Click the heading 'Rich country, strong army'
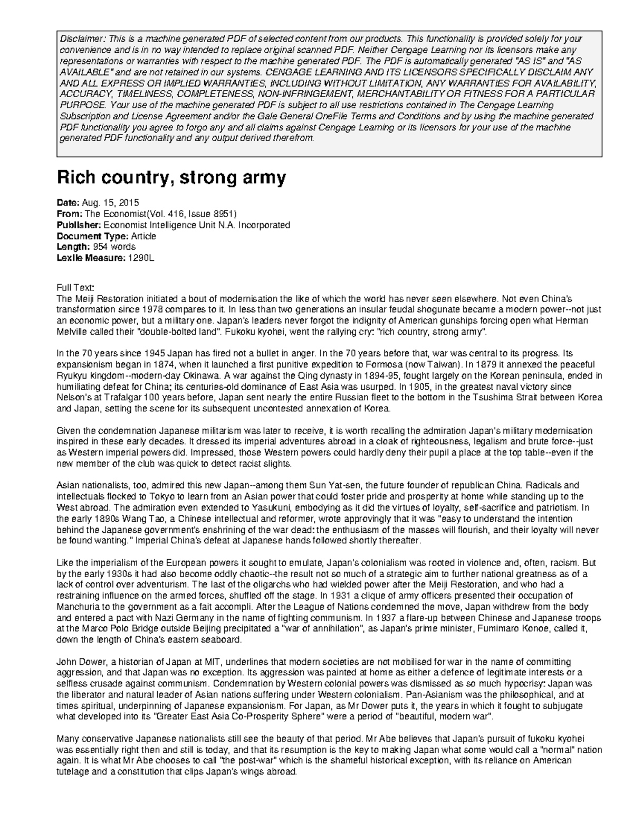tap(171, 178)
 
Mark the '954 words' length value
tap(114, 247)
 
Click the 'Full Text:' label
tap(75, 287)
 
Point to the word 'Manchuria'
tap(75, 607)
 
